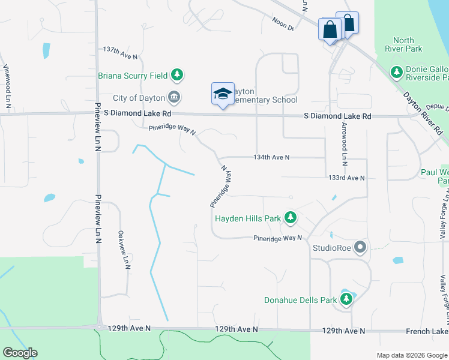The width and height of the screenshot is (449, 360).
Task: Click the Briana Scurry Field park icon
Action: tap(176, 75)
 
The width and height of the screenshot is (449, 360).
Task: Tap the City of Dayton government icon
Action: tap(173, 97)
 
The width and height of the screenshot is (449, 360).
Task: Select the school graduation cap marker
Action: tap(223, 94)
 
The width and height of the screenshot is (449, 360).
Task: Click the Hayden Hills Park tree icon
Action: tap(291, 218)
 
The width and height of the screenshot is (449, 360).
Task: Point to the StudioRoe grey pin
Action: tap(360, 247)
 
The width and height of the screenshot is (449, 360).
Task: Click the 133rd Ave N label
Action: tap(346, 178)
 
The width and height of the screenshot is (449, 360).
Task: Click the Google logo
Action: tap(20, 353)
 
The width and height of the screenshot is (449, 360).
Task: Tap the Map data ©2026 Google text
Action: tap(411, 355)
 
